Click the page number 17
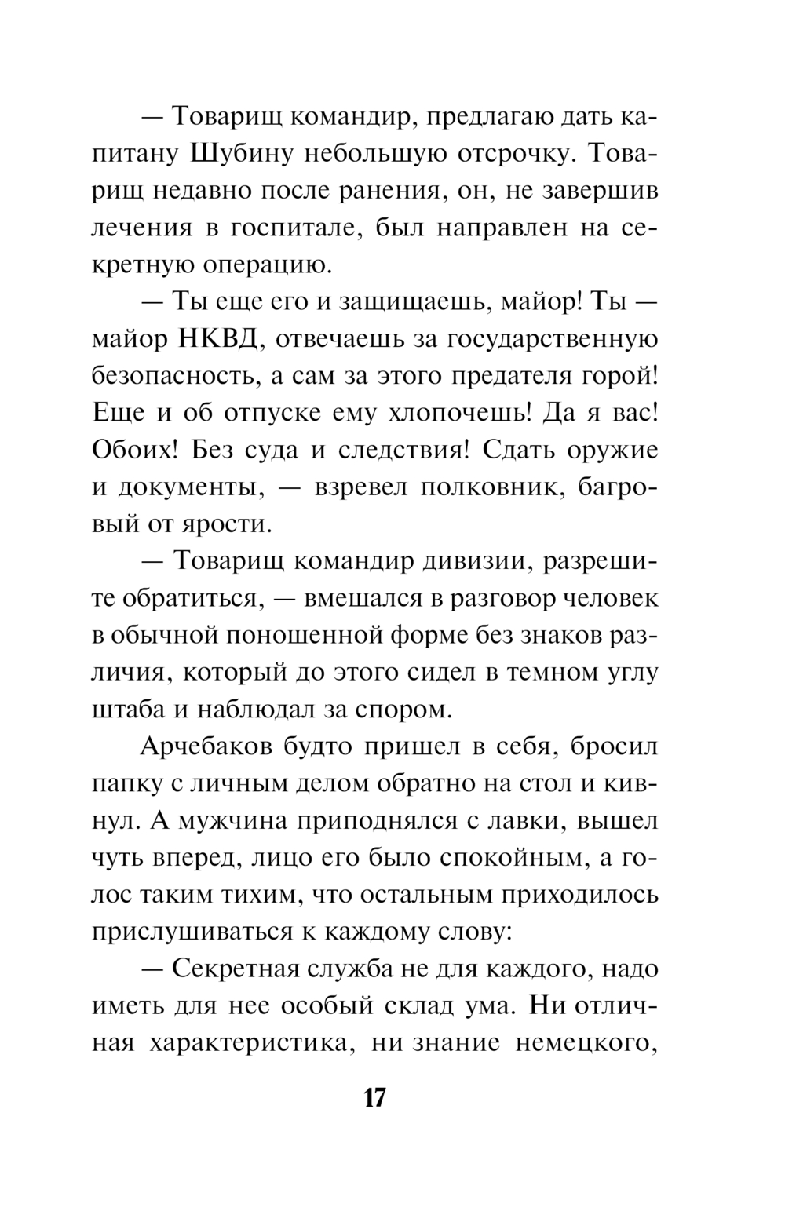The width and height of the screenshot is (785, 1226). pos(374,1096)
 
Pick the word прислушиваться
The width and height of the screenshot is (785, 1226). pos(188,933)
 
